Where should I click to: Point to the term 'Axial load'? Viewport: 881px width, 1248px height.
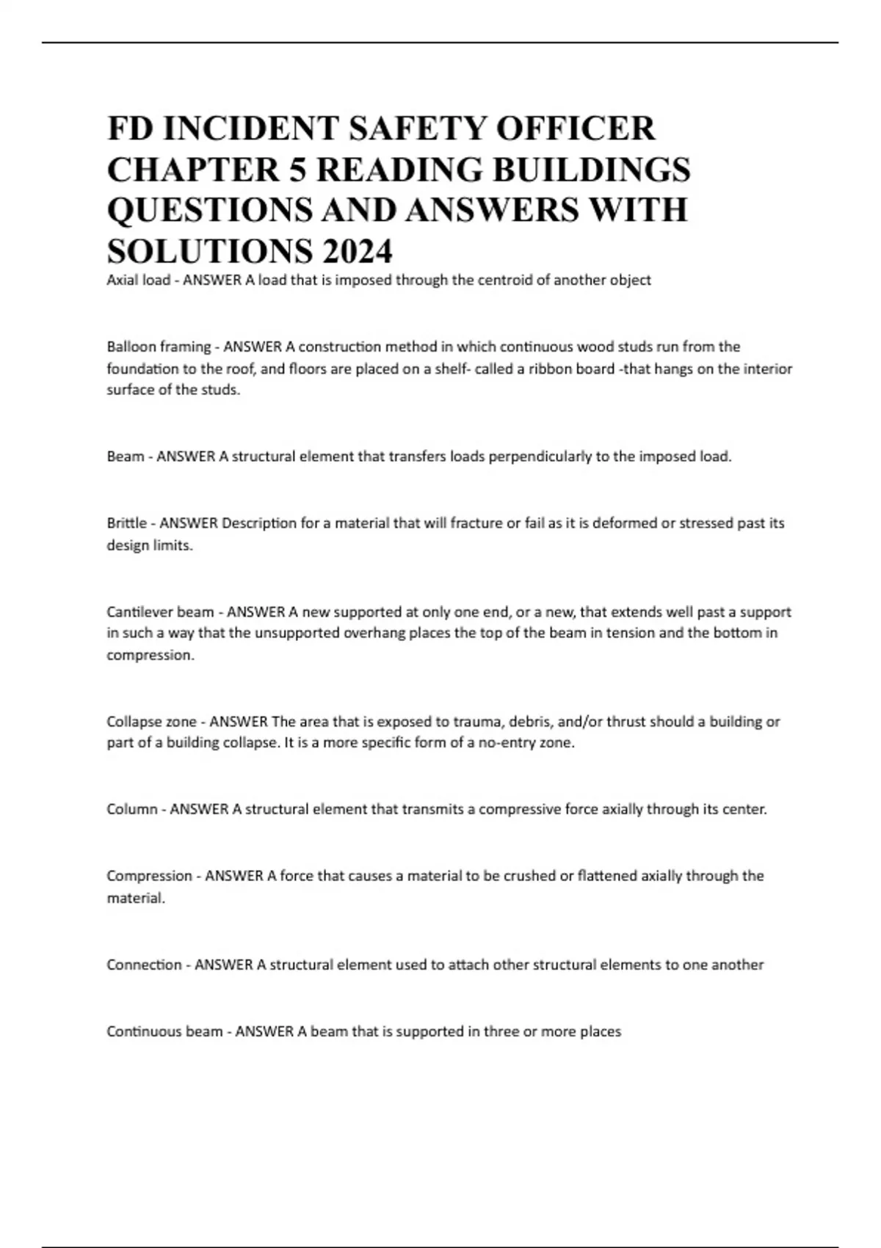coord(138,280)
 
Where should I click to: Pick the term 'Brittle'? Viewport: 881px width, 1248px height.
coord(126,523)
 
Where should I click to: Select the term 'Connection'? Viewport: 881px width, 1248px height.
coord(144,965)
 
